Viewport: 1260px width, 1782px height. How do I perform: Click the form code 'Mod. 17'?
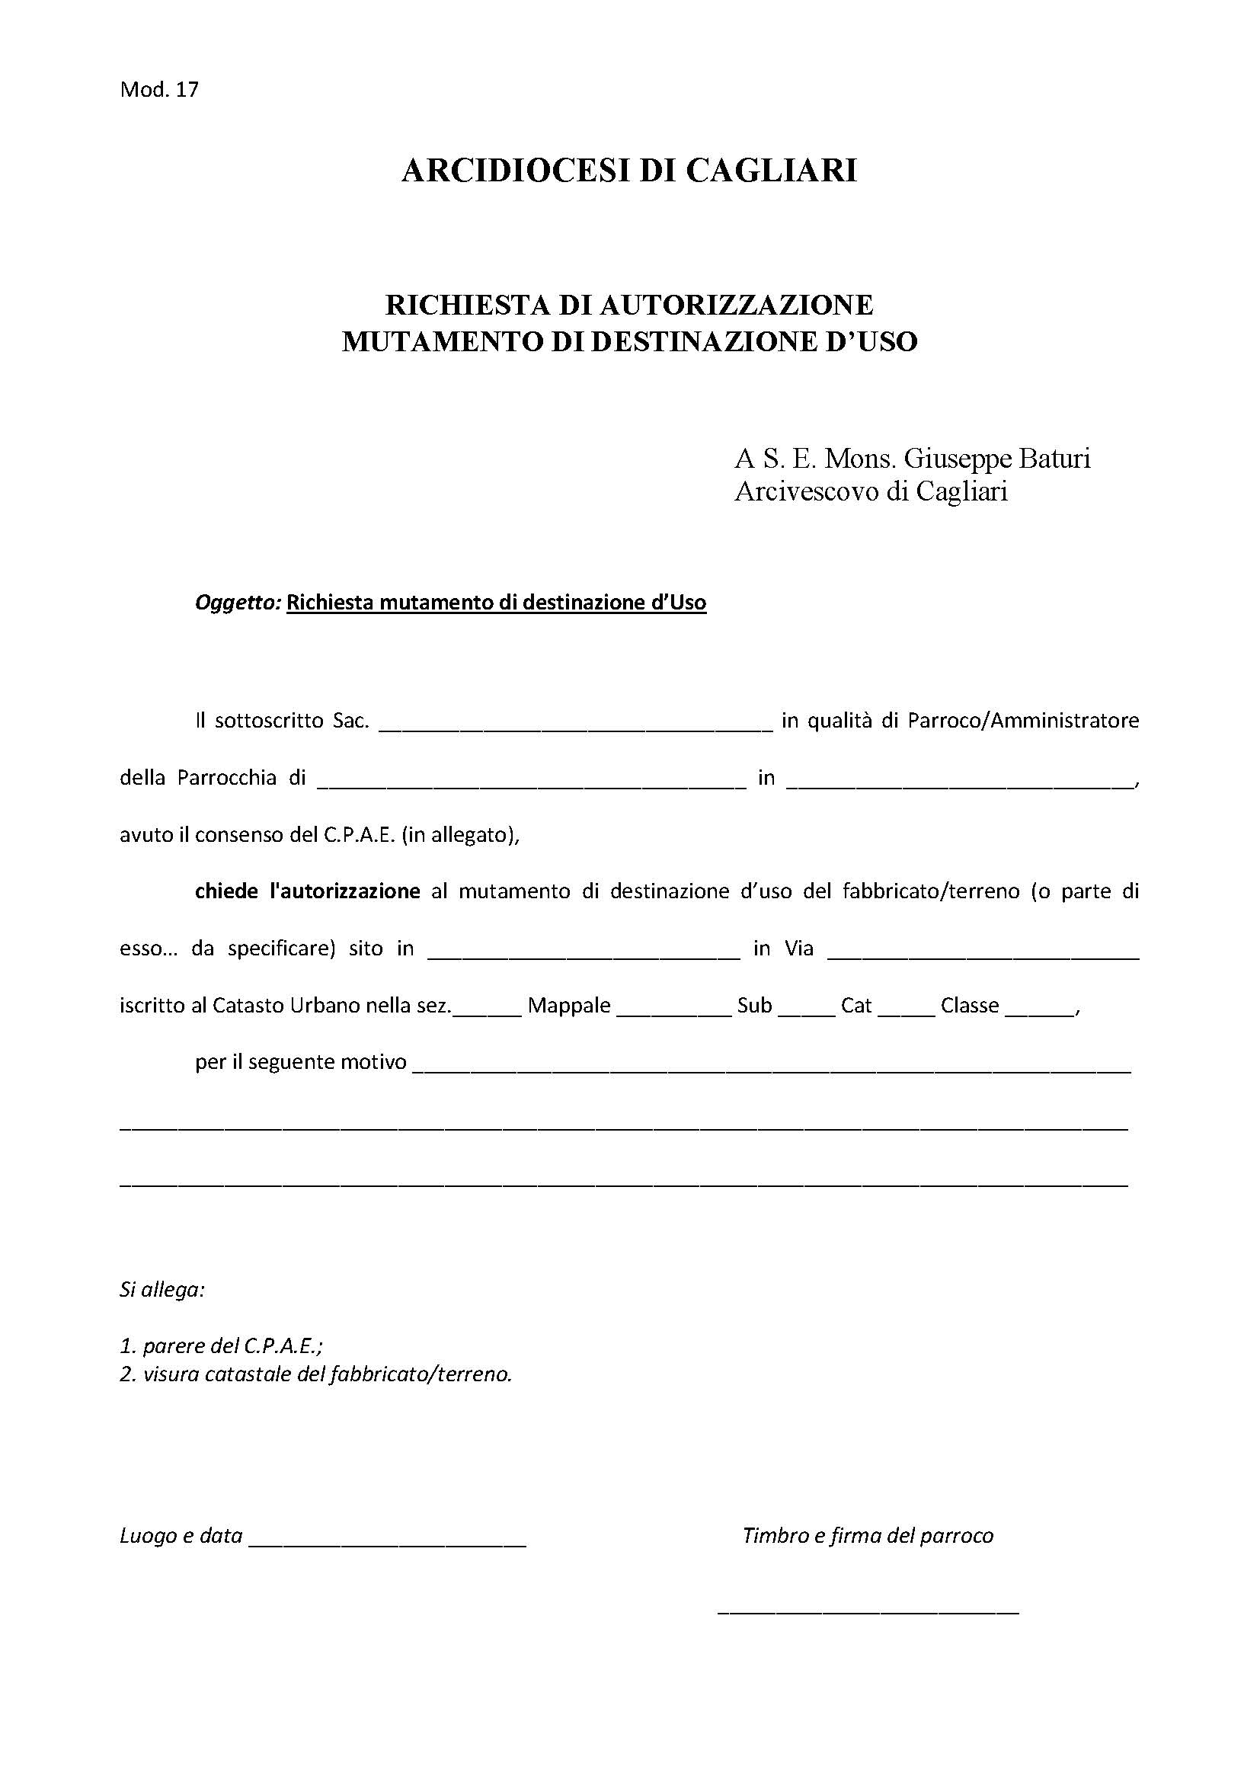pos(159,90)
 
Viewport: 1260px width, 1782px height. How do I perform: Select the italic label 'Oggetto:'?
pos(238,603)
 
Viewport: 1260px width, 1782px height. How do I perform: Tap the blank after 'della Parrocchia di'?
pos(532,782)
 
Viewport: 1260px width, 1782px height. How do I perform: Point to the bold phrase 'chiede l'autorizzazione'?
pos(307,892)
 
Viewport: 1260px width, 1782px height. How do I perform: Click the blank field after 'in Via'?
pos(983,954)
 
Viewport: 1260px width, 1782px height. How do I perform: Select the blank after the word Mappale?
pos(674,1010)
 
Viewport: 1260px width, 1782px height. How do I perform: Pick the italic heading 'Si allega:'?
pos(162,1291)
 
